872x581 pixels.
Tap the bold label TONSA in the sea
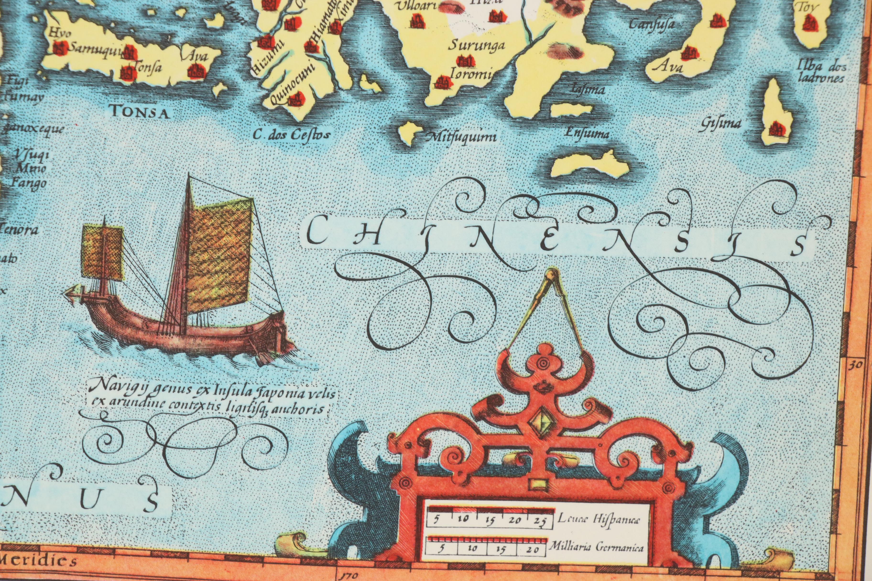[x=139, y=112]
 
